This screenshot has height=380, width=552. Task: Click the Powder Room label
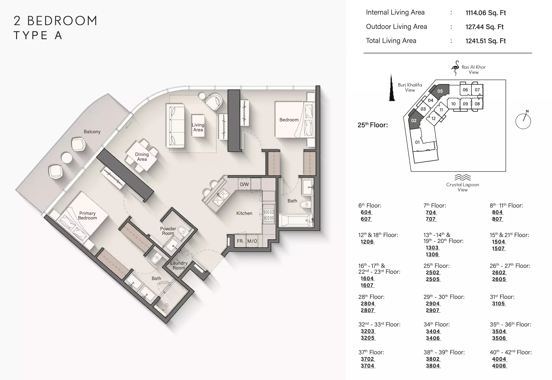(168, 231)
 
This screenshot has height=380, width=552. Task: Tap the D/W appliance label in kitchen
(244, 184)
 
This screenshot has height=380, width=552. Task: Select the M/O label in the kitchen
(252, 241)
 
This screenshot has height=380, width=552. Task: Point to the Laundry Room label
(179, 265)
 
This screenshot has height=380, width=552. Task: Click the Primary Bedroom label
(87, 216)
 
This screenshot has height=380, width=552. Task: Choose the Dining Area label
(142, 157)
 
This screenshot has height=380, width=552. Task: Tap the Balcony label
(92, 132)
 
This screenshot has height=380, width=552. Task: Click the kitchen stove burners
(269, 215)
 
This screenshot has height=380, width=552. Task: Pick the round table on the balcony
(66, 158)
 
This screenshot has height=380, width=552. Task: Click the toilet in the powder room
(183, 231)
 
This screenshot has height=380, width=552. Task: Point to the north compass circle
(523, 121)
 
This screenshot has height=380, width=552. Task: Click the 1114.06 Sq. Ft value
(486, 13)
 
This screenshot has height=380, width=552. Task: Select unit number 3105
(498, 304)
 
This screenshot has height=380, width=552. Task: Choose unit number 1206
(367, 242)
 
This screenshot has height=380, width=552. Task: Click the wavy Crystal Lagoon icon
(463, 177)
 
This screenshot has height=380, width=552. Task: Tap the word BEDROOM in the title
(62, 21)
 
